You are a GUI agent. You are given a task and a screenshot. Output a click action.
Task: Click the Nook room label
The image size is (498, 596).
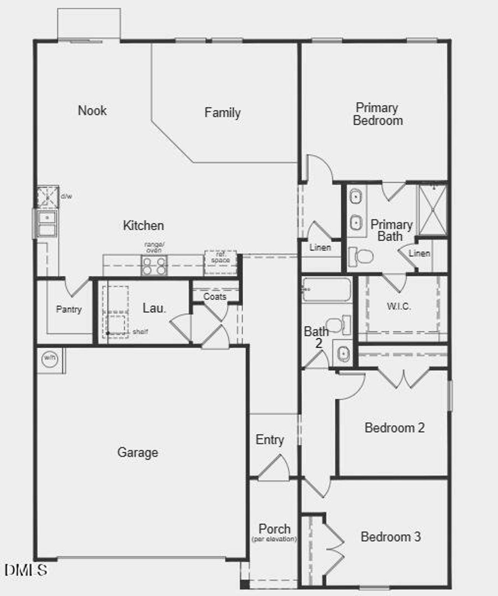click(x=92, y=110)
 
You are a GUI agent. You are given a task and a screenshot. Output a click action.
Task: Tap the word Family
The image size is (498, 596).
click(x=223, y=113)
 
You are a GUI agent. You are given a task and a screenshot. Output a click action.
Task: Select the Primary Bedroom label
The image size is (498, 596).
click(x=377, y=114)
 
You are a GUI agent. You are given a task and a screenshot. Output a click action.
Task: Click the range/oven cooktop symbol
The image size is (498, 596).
click(x=154, y=265)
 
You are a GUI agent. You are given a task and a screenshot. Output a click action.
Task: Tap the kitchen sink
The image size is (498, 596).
click(x=47, y=224)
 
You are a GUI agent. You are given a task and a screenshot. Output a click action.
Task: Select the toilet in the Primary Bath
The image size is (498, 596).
click(x=361, y=256)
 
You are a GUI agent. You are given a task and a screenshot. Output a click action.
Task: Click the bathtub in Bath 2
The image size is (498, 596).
click(x=326, y=289)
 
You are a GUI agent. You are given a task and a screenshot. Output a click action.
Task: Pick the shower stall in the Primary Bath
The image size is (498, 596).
click(x=433, y=210)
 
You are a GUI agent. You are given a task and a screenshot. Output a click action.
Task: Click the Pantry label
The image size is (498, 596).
click(x=69, y=309)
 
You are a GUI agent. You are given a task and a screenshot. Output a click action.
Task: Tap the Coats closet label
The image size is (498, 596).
click(x=215, y=296)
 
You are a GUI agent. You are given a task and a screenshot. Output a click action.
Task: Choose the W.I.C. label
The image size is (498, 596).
click(x=399, y=306)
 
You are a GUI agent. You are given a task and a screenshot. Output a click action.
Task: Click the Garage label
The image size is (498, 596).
click(x=138, y=452)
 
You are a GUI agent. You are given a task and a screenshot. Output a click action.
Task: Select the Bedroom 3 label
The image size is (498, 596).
click(x=391, y=537)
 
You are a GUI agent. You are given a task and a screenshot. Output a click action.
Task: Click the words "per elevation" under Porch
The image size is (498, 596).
click(x=274, y=539)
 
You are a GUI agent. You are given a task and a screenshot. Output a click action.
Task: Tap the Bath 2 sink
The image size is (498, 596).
click(x=343, y=353)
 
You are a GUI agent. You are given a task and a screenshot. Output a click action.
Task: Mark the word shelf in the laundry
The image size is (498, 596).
click(x=140, y=332)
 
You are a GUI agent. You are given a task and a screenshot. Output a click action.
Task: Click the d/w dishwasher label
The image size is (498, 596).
click(x=67, y=196)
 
